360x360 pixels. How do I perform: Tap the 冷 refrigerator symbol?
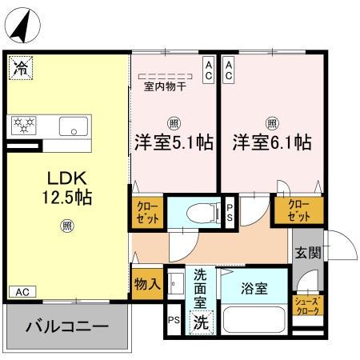pyautogui.click(x=22, y=67)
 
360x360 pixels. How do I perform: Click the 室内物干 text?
pyautogui.click(x=164, y=86)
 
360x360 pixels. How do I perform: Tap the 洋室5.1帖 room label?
pyautogui.click(x=172, y=142)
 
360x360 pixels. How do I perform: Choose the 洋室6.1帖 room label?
pyautogui.click(x=272, y=142)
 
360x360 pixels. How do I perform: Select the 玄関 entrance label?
pyautogui.click(x=308, y=254)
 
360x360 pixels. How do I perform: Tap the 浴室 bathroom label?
pyautogui.click(x=254, y=288)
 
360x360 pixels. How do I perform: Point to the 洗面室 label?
pyautogui.click(x=201, y=287)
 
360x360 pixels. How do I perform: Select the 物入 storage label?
pyautogui.click(x=146, y=282)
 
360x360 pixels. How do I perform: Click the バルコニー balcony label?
pyautogui.click(x=66, y=327)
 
